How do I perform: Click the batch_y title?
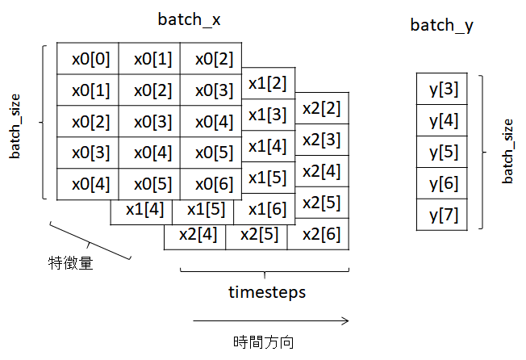coord(441,26)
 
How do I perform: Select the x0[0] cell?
coord(88,59)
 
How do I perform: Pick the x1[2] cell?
coord(267,83)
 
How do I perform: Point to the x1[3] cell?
coord(267,115)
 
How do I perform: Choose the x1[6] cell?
coord(267,209)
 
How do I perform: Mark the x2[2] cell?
coord(321,108)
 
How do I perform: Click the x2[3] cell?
coord(321,140)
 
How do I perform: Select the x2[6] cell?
coord(321,234)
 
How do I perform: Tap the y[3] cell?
coord(444,89)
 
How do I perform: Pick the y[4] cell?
coord(444,121)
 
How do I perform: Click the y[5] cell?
coord(444,153)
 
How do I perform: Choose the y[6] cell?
coord(444,184)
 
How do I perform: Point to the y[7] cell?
coord(444,216)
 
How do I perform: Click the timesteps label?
coord(266,292)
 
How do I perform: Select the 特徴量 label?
coord(69,262)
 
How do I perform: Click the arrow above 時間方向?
coord(270,320)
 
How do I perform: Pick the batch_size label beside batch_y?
coord(507,151)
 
